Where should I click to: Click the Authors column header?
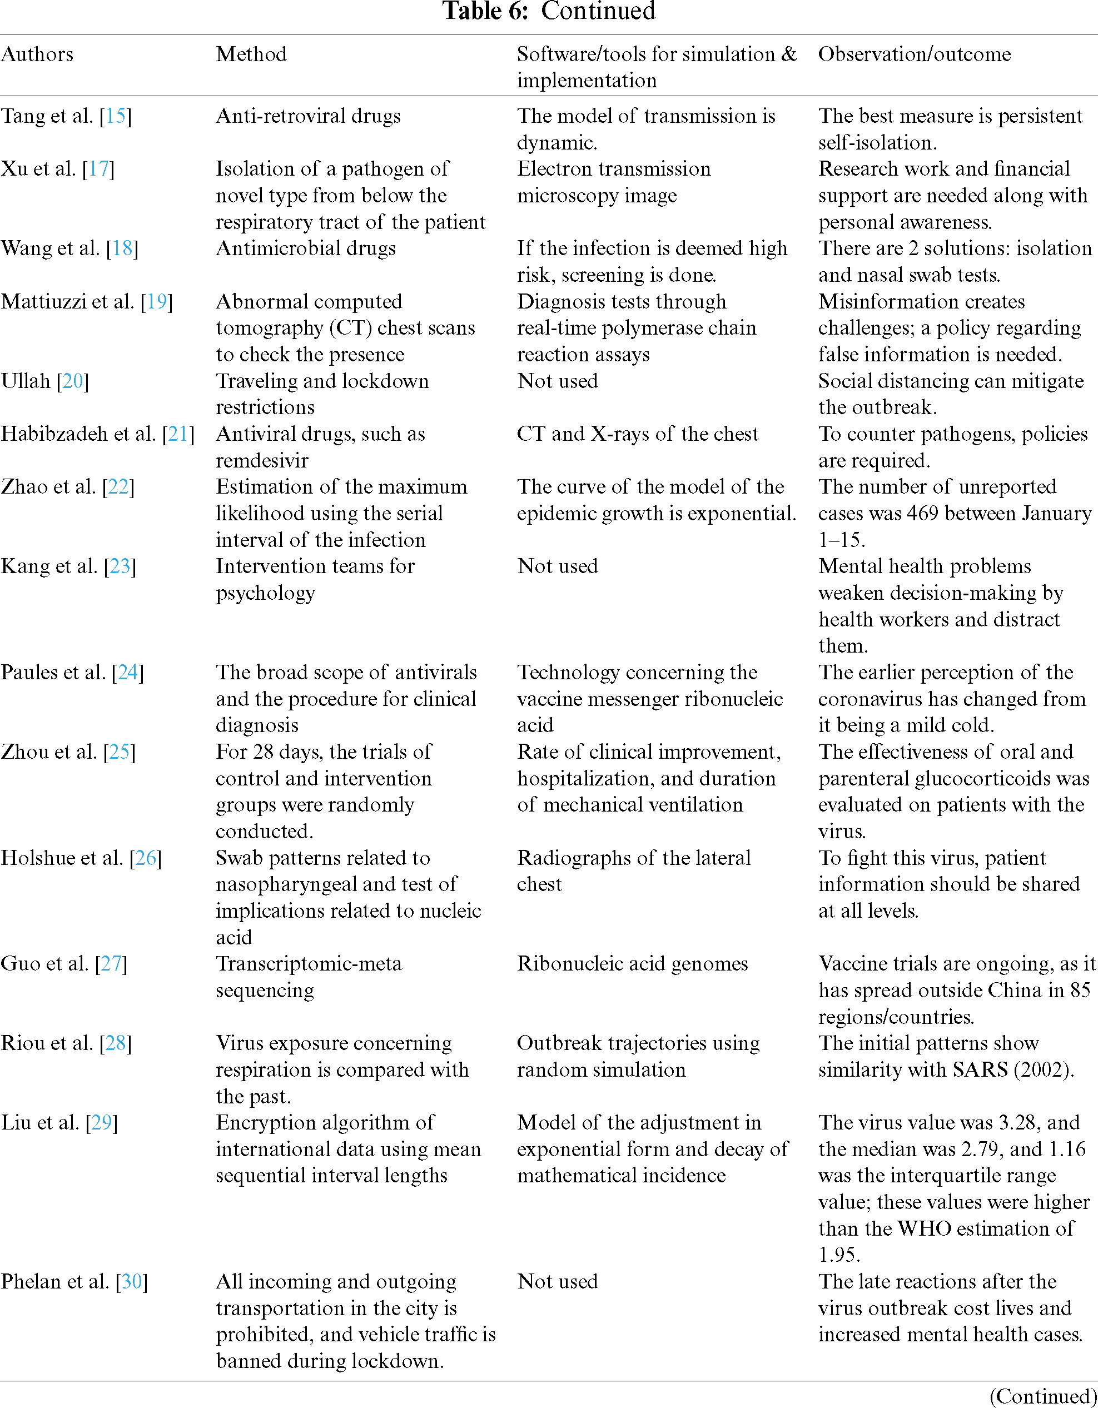37,54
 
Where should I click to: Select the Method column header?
251,54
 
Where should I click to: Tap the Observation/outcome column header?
914,54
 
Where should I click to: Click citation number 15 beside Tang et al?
116,116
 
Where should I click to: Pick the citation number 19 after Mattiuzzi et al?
157,302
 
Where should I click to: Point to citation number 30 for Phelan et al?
132,1281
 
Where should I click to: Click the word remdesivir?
262,460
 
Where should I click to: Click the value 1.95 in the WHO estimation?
838,1255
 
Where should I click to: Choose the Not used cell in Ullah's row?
558,381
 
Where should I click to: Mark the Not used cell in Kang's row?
558,566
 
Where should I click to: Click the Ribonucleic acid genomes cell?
632,963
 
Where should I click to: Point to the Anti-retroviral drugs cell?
308,116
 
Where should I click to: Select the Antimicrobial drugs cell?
306,248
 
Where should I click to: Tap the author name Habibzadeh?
55,434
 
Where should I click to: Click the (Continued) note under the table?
1043,1396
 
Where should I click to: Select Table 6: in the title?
485,12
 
